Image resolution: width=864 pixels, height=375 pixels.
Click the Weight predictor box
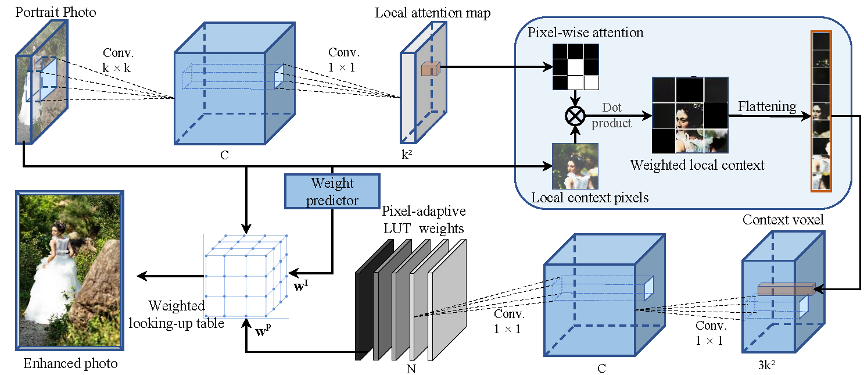(332, 192)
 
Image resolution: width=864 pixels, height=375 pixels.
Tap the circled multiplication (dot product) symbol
(575, 115)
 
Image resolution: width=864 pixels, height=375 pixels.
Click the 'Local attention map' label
(432, 13)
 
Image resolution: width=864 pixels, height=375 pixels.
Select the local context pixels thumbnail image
(575, 166)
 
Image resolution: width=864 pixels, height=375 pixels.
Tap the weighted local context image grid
(689, 115)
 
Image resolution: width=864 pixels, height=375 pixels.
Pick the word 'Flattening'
(767, 106)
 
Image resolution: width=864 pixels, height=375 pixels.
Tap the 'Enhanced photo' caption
(70, 364)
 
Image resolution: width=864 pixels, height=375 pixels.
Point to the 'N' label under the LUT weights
(412, 369)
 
